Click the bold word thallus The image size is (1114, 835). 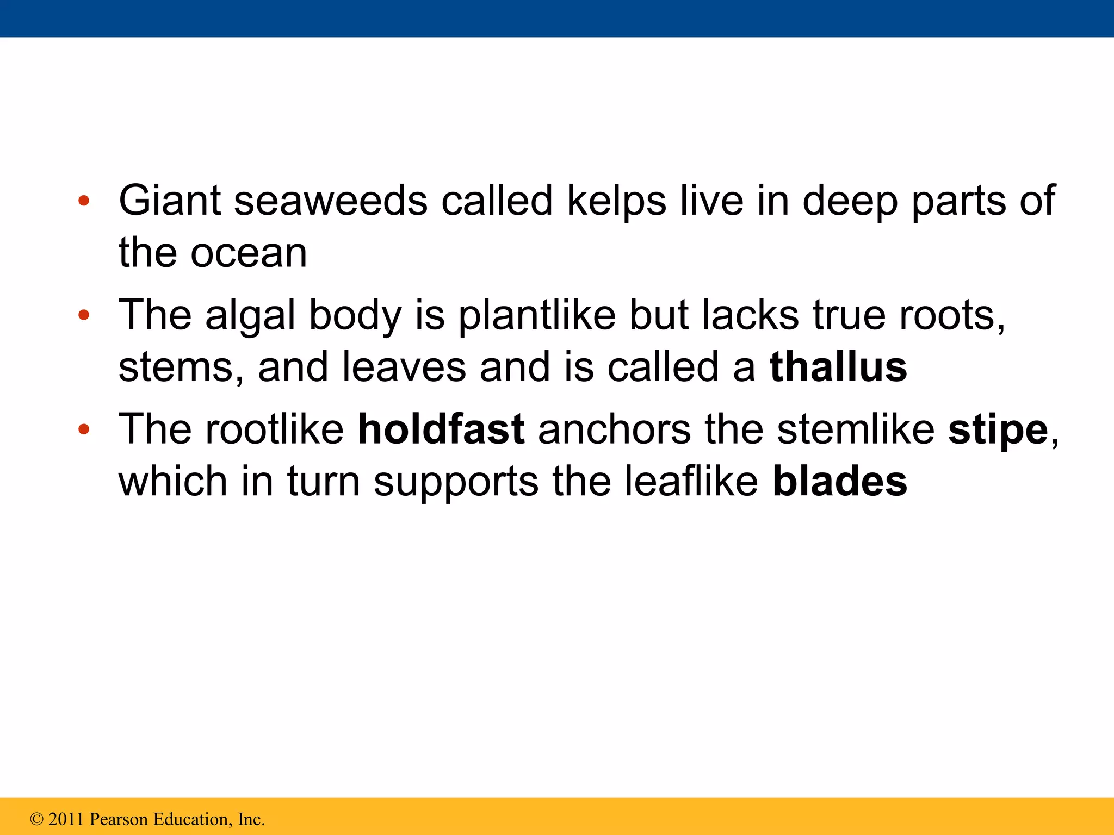tap(838, 367)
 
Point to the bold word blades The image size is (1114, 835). tap(840, 482)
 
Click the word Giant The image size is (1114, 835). tap(170, 201)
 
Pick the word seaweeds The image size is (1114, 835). tap(331, 201)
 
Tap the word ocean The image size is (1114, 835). tap(249, 253)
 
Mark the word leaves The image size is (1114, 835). tap(404, 367)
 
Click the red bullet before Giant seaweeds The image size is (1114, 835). tap(83, 201)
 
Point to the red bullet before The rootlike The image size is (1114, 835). tap(83, 429)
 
